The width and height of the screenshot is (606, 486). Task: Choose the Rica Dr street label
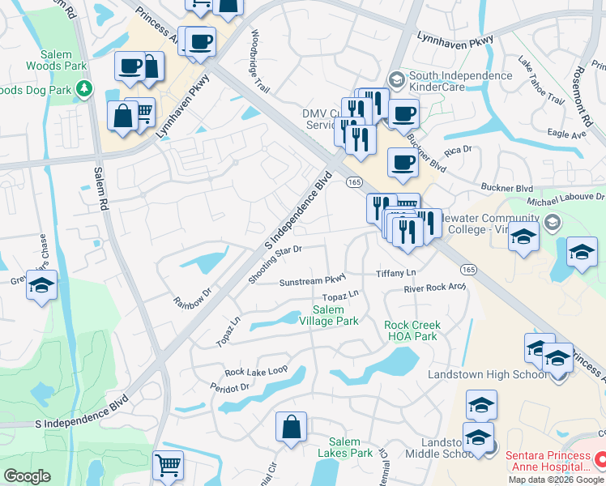coord(458,152)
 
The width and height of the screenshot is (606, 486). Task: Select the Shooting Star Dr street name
coord(275,265)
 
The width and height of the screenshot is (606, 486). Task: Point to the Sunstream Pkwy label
coord(313,282)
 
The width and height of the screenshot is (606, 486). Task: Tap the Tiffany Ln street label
coord(395,274)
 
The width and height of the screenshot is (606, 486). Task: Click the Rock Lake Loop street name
coord(256,371)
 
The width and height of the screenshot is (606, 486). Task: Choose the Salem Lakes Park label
coord(344,446)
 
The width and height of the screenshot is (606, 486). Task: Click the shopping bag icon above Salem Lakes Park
coord(291,427)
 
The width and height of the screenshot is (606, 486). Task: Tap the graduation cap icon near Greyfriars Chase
coord(41,287)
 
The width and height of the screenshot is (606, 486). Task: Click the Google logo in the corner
coord(27,476)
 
